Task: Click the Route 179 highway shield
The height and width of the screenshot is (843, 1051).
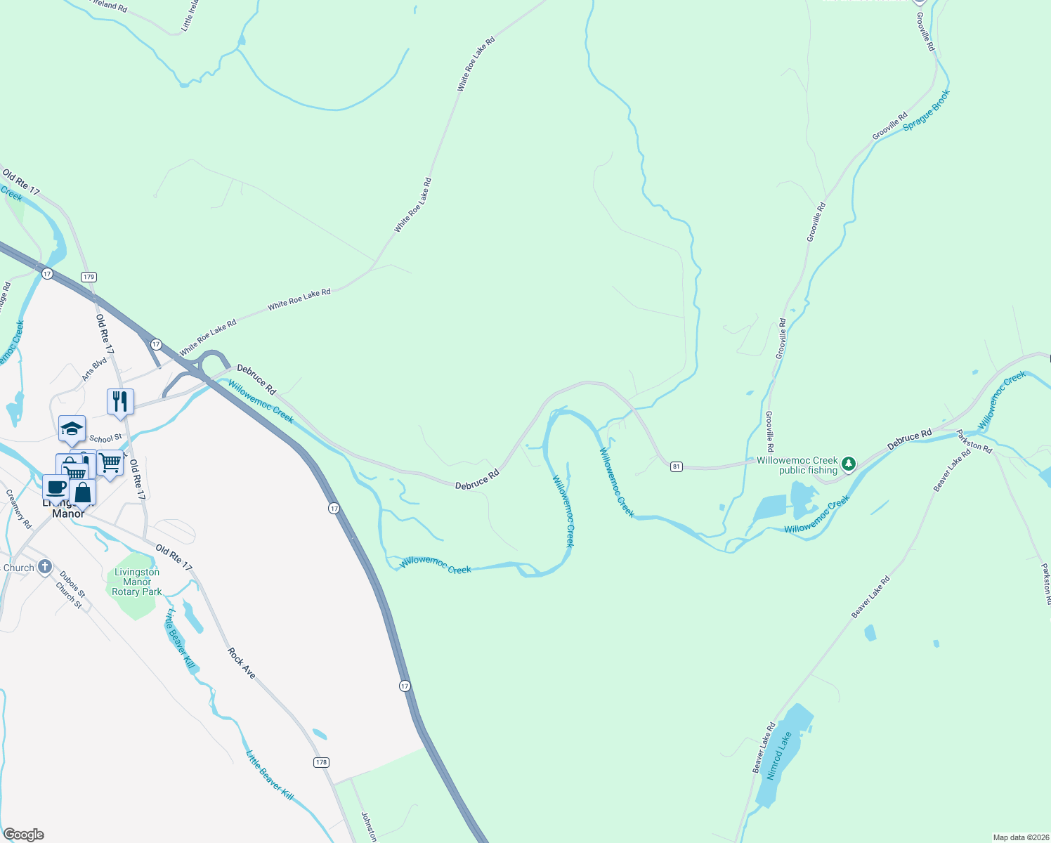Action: click(88, 277)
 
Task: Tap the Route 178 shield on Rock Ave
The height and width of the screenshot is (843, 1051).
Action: click(322, 762)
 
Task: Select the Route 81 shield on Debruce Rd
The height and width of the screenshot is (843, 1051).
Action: click(676, 466)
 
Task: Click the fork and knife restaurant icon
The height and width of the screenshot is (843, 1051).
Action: click(120, 402)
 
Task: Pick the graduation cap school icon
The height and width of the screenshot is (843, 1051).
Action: click(72, 429)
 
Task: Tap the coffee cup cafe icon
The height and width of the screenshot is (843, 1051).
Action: click(56, 487)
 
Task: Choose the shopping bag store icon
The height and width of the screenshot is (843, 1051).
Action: click(83, 492)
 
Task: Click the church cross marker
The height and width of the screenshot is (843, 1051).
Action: click(45, 566)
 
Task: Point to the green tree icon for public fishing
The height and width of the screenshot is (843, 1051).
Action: click(849, 464)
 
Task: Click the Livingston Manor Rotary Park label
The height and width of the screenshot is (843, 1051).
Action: click(137, 582)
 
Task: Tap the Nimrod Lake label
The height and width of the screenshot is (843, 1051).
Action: click(778, 756)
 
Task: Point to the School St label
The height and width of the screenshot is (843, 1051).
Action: click(105, 438)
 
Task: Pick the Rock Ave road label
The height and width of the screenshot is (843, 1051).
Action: click(241, 662)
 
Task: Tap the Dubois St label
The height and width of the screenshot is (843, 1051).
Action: click(72, 584)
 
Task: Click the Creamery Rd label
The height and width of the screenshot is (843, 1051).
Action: click(19, 509)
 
